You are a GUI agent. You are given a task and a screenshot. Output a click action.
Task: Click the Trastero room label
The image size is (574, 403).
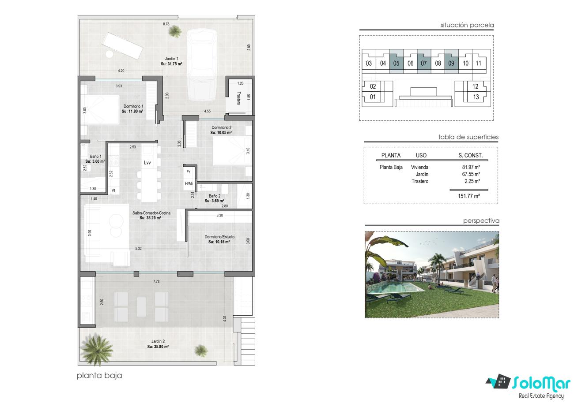tap(239, 98)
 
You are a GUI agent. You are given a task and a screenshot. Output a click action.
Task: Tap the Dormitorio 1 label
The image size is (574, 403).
tap(133, 106)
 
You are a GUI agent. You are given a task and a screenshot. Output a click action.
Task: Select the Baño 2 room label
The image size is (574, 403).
tap(215, 196)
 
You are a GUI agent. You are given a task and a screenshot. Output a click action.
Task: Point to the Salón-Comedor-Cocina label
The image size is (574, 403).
tap(151, 213)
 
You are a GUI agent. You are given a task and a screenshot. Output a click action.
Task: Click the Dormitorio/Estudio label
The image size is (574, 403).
tap(219, 237)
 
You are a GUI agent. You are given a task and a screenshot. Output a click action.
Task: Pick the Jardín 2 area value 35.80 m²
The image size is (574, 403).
tap(158, 347)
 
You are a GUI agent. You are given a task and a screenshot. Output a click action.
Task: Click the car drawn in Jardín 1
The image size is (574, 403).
tap(202, 65)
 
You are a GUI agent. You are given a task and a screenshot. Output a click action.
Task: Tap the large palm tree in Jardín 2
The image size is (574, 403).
tap(96, 349)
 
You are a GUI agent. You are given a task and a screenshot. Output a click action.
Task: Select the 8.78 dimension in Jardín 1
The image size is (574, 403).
tap(166, 24)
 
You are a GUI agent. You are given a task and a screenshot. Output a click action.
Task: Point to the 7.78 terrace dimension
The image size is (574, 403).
tap(156, 281)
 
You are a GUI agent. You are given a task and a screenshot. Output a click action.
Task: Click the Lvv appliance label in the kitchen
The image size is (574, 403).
tap(147, 163)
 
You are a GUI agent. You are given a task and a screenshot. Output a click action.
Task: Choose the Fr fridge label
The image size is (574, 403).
tap(189, 172)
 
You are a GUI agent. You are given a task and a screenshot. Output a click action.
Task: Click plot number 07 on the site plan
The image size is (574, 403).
tap(423, 63)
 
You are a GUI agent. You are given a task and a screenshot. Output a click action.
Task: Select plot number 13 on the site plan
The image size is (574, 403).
tap(476, 97)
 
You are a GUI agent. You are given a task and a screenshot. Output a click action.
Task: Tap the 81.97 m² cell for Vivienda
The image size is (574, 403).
tap(471, 167)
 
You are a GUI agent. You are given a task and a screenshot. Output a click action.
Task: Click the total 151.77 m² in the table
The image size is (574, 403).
tap(469, 196)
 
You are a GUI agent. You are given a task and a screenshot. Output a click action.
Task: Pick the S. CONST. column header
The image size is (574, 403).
tap(471, 155)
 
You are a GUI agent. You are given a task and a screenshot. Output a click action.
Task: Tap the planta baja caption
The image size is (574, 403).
tap(99, 376)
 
